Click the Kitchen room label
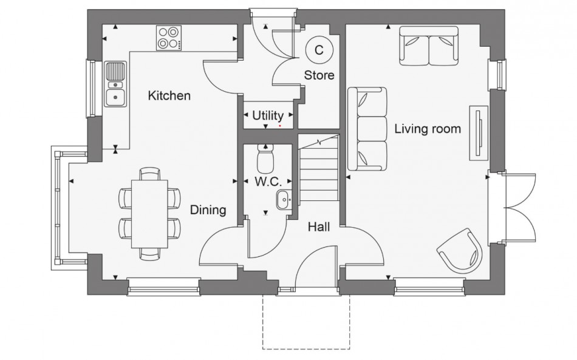[x=169, y=96]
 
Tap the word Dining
[x=208, y=210]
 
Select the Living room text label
[x=428, y=129]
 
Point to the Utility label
[x=268, y=115]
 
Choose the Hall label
[x=319, y=226]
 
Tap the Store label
[x=319, y=76]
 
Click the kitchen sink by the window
[x=114, y=84]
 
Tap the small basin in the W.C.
[x=284, y=199]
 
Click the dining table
[x=150, y=213]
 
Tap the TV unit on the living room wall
[x=479, y=133]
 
